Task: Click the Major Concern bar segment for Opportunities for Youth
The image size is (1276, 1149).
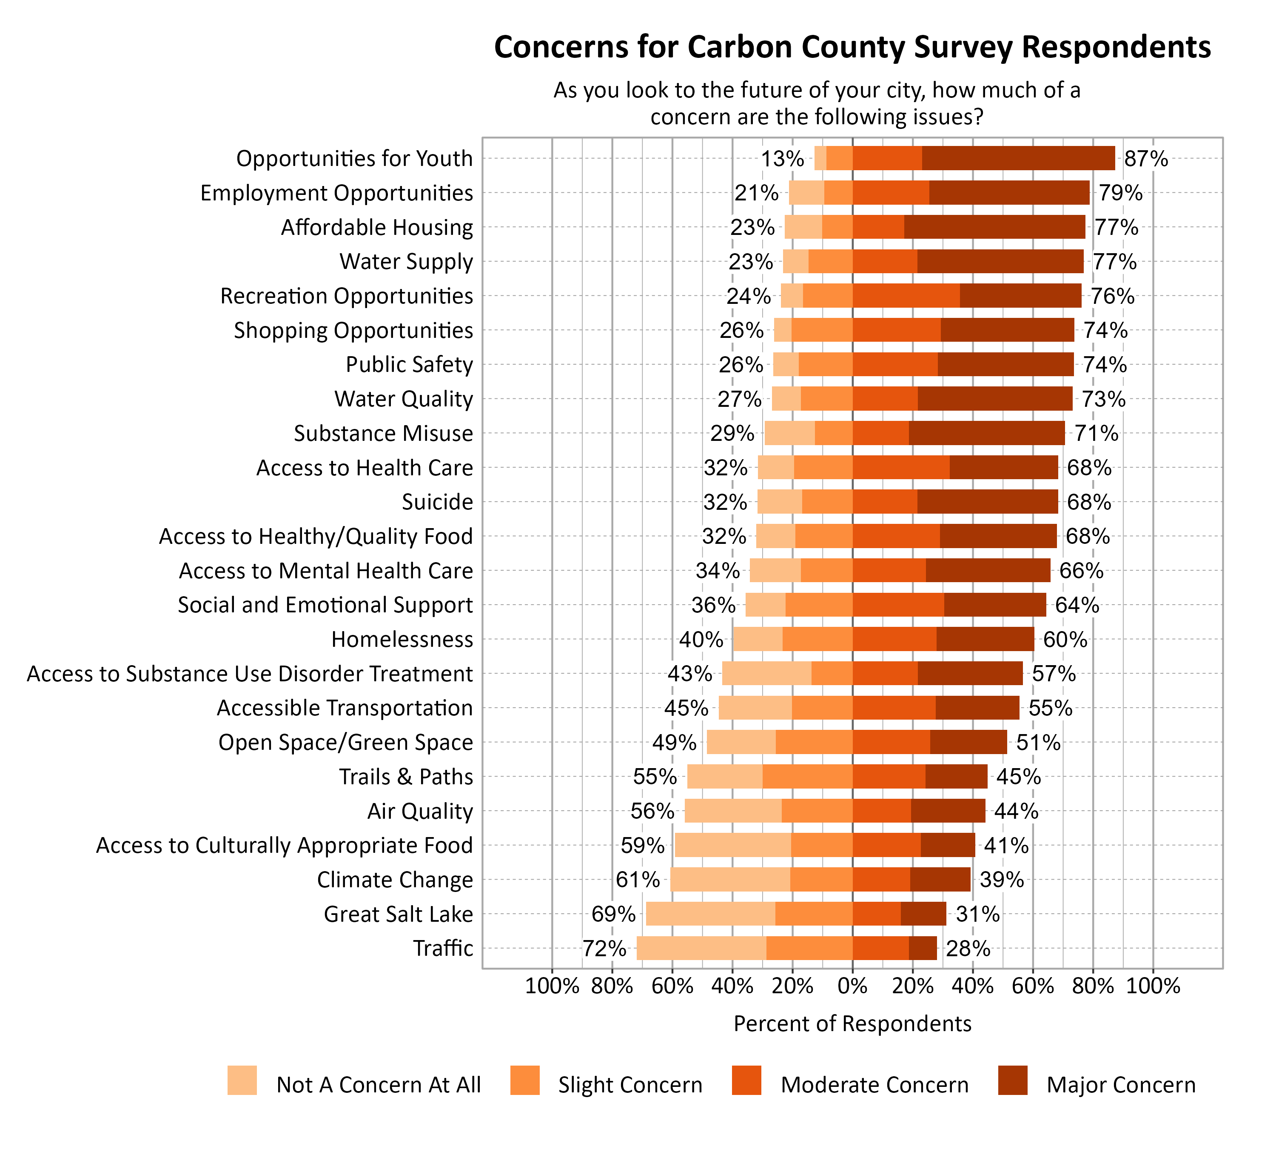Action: pyautogui.click(x=1018, y=158)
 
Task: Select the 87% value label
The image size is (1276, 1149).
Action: pyautogui.click(x=1145, y=158)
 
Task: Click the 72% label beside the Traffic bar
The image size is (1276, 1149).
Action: pyautogui.click(x=604, y=948)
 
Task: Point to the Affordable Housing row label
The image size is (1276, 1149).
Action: pyautogui.click(x=377, y=227)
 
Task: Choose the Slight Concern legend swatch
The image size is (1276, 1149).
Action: pyautogui.click(x=525, y=1080)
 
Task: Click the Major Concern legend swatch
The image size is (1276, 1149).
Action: pyautogui.click(x=1013, y=1080)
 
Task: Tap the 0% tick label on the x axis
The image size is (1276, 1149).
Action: pyautogui.click(x=852, y=986)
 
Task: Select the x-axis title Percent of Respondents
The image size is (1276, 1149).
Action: pyautogui.click(x=852, y=1023)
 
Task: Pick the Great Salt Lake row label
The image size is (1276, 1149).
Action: pyautogui.click(x=398, y=914)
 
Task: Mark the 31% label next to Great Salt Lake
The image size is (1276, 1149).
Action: pyautogui.click(x=977, y=914)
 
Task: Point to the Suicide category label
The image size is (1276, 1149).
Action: pyautogui.click(x=437, y=502)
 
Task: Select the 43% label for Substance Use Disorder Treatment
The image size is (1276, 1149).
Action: pyautogui.click(x=690, y=674)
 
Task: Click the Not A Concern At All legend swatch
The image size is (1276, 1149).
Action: pyautogui.click(x=242, y=1080)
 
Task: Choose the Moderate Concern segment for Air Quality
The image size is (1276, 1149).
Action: pyautogui.click(x=882, y=811)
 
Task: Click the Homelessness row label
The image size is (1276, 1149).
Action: pyautogui.click(x=402, y=640)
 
